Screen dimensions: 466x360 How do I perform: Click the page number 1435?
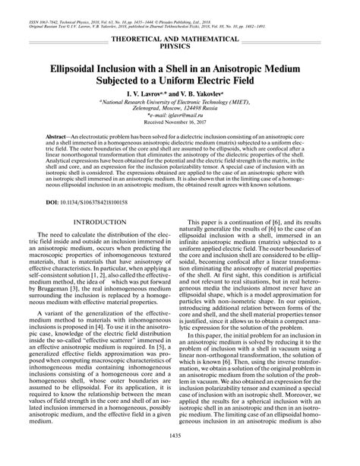coord(180,455)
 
